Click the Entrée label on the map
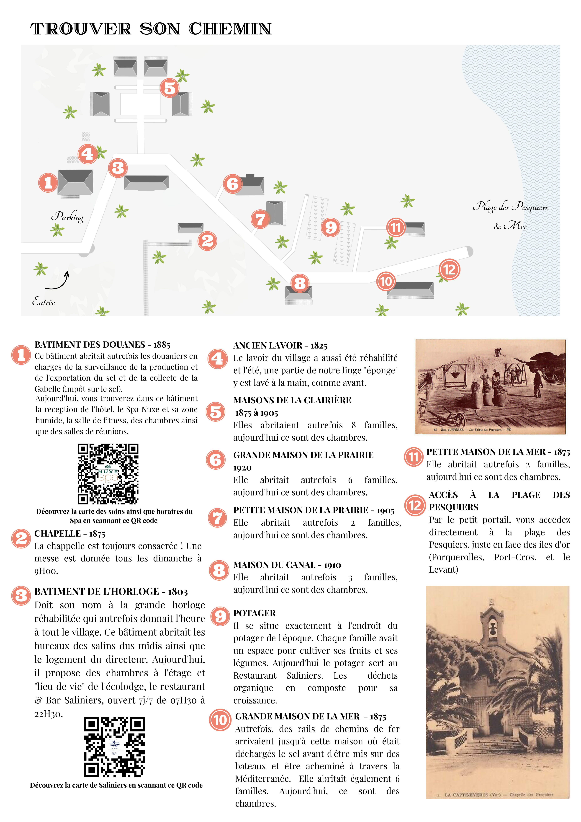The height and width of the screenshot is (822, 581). coord(44,302)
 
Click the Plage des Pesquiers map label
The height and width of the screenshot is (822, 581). coord(510,207)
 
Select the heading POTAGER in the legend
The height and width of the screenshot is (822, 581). coord(254,613)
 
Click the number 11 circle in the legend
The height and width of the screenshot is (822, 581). coord(414,457)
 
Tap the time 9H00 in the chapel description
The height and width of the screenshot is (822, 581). coord(46,571)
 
